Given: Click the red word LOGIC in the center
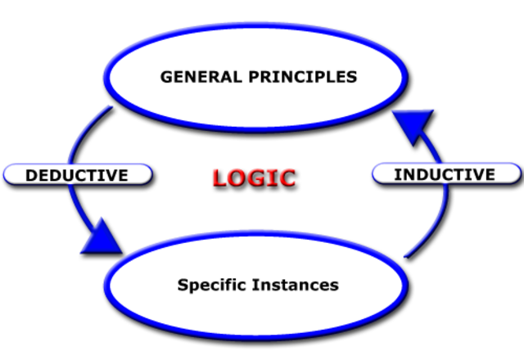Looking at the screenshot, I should point(253,176).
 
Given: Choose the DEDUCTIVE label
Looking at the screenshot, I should point(77,174).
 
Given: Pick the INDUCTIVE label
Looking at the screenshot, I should point(445,174).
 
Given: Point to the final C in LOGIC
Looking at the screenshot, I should point(287,176).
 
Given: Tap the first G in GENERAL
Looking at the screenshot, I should point(166,78).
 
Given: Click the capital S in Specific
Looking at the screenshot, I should point(183,286).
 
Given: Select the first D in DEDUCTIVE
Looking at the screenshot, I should point(30,175).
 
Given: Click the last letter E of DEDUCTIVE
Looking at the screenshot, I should point(123,175).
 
